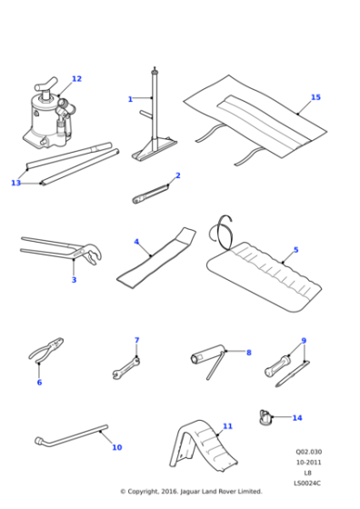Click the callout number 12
click(x=76, y=79)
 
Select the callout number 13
click(x=15, y=183)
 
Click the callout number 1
click(x=130, y=98)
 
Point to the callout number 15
click(x=315, y=97)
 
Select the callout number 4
click(x=136, y=242)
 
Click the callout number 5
click(x=295, y=249)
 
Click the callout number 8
click(x=248, y=352)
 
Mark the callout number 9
click(x=304, y=341)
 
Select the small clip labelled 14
click(x=266, y=417)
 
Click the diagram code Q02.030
click(x=308, y=452)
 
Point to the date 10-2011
click(x=308, y=462)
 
